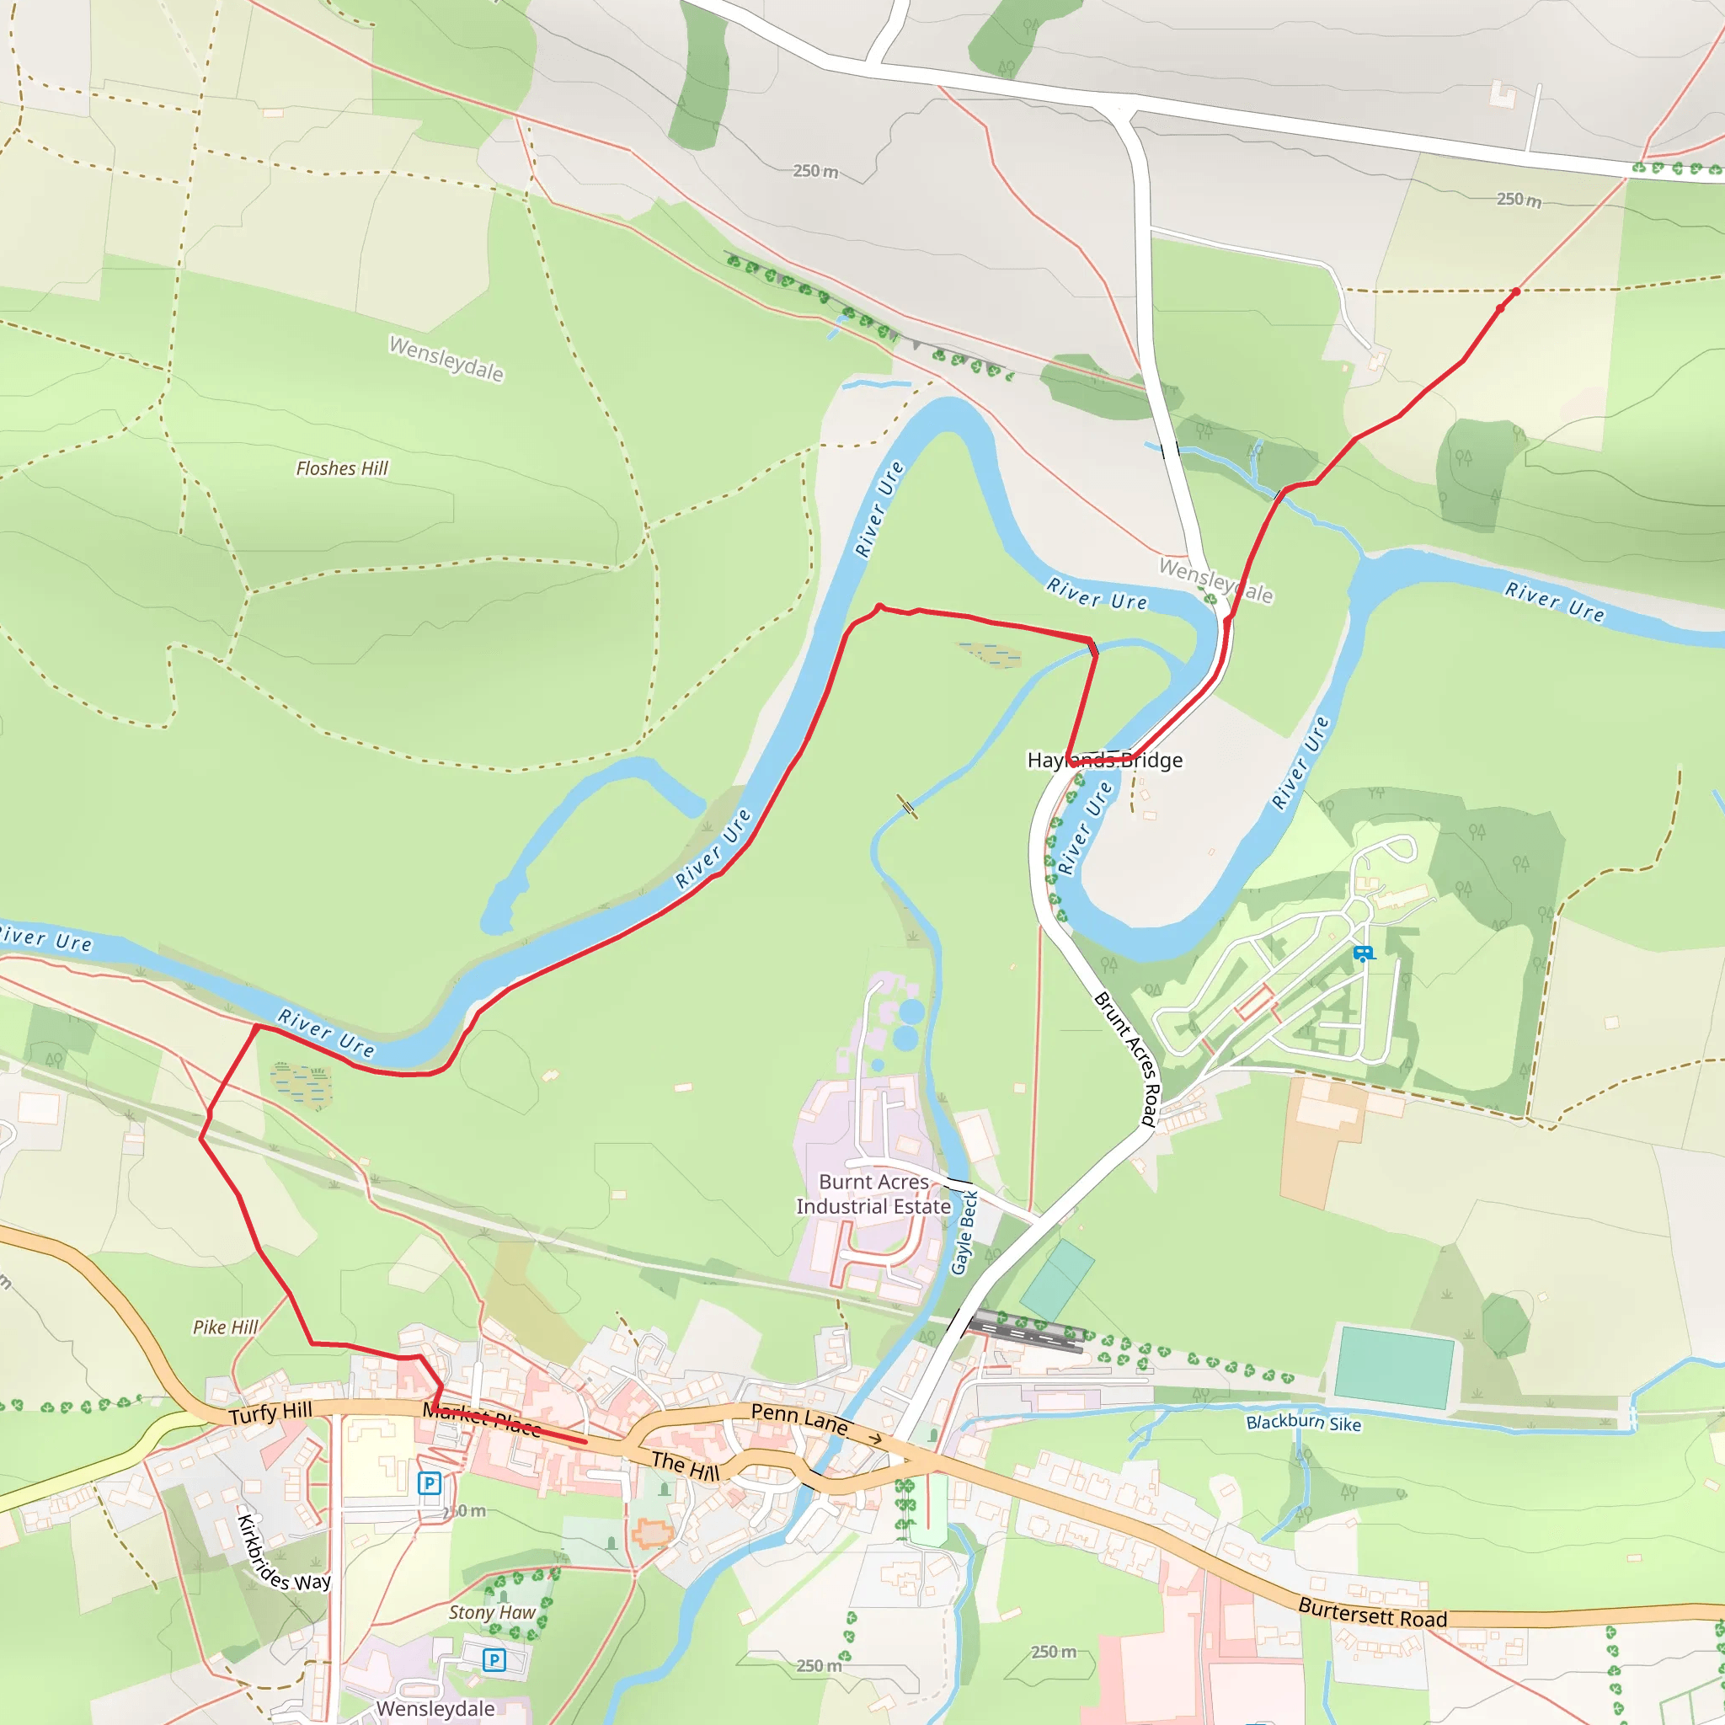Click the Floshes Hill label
pos(342,469)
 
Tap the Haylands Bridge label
pos(1104,760)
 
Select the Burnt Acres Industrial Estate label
pos(873,1194)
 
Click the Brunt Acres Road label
pos(1127,1058)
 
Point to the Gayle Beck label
pos(964,1232)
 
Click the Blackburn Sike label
pos(1304,1423)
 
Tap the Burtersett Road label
pos(1372,1612)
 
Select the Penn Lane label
pos(799,1418)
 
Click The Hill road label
pos(685,1466)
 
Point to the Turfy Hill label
pos(270,1413)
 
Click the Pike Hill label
pos(225,1327)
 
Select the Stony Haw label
pos(492,1612)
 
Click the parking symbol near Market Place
pos(430,1483)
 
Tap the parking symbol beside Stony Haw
pos(494,1660)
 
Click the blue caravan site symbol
pos(1363,953)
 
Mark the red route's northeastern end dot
pos(1516,292)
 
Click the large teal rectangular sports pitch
pos(1393,1367)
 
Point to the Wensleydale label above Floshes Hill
pos(446,358)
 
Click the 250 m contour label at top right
pos(1519,200)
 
